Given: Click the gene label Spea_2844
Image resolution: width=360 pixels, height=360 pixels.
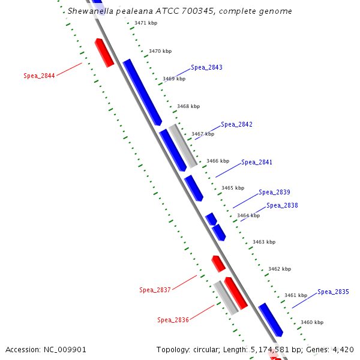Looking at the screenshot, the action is [x=39, y=76].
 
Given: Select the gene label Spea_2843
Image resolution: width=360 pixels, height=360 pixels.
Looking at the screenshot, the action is [x=206, y=67].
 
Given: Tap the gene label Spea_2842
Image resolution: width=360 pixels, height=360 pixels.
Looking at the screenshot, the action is [x=236, y=125].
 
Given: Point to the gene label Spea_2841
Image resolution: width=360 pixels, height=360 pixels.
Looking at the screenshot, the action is [x=257, y=163].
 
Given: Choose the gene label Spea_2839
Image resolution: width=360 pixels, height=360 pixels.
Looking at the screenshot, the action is [x=274, y=193].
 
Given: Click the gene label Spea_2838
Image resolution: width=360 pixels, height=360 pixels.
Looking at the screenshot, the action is [x=282, y=206].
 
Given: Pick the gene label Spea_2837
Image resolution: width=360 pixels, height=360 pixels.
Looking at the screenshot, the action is [x=155, y=290].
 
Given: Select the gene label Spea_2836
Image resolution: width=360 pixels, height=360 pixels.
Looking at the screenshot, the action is [x=173, y=320].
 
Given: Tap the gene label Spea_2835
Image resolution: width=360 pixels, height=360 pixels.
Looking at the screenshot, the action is [x=333, y=292].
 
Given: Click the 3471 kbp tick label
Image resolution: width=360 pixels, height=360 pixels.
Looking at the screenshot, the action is [x=146, y=23].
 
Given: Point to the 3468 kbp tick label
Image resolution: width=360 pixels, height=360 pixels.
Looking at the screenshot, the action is [x=188, y=107].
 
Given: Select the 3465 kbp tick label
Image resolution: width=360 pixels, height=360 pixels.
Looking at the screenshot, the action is [x=233, y=188].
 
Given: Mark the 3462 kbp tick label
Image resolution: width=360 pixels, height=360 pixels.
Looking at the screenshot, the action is [x=280, y=269].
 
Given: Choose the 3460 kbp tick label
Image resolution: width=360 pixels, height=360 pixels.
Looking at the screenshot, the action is [x=312, y=323].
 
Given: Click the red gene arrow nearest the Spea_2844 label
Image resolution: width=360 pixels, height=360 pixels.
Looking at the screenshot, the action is [x=104, y=53].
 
